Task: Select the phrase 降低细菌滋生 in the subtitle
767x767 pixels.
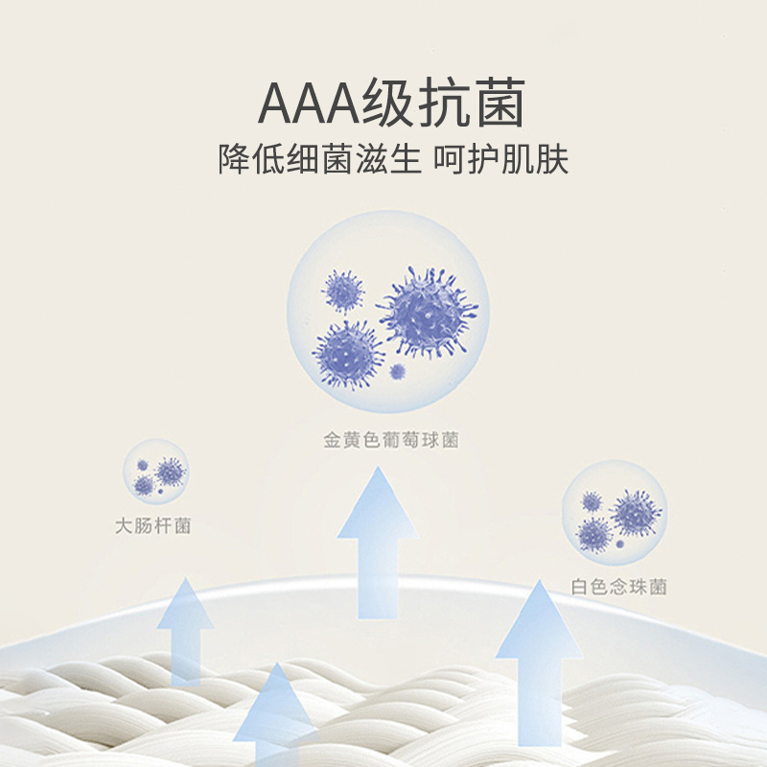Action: (x=319, y=158)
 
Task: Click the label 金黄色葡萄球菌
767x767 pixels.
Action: (x=391, y=441)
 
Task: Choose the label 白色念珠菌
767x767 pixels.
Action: (x=618, y=587)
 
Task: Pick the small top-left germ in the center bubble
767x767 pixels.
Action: (x=342, y=291)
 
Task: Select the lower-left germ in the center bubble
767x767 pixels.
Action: (x=348, y=352)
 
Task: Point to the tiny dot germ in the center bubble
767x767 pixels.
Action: (x=398, y=370)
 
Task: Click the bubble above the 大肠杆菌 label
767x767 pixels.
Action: (x=156, y=473)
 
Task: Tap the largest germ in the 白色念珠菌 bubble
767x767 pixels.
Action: (x=636, y=512)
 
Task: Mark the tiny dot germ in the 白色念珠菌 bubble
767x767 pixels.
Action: (x=619, y=544)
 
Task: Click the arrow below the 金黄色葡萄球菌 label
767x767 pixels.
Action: (x=377, y=542)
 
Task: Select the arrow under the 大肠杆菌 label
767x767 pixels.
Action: (x=185, y=628)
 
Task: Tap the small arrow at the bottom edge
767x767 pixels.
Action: (x=274, y=719)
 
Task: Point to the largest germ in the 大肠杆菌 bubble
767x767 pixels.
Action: (x=170, y=471)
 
